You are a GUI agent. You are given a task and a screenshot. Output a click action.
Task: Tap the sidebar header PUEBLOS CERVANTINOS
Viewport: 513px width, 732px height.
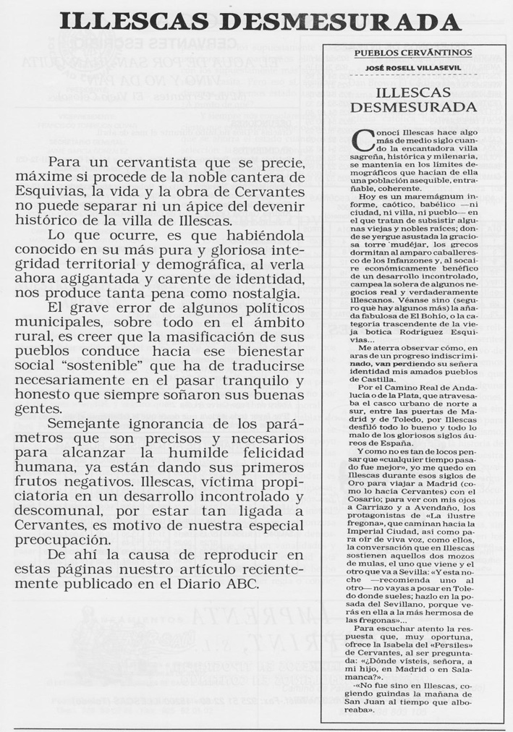pyautogui.click(x=413, y=53)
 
